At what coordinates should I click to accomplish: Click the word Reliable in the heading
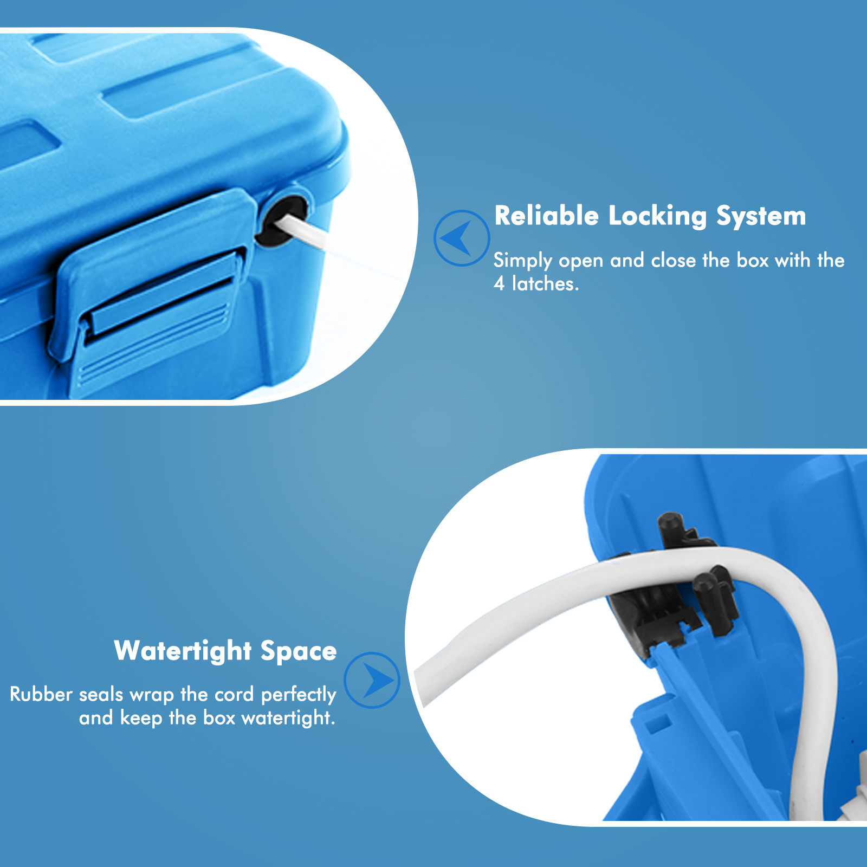(x=546, y=216)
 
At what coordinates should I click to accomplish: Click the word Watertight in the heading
(x=183, y=651)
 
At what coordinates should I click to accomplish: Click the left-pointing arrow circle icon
(x=462, y=238)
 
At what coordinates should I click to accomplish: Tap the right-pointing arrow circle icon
(x=372, y=680)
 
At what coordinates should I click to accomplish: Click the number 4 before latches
(x=499, y=283)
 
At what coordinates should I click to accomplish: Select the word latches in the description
(x=545, y=283)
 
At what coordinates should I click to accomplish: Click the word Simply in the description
(x=522, y=261)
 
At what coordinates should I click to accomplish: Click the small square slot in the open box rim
(x=657, y=722)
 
